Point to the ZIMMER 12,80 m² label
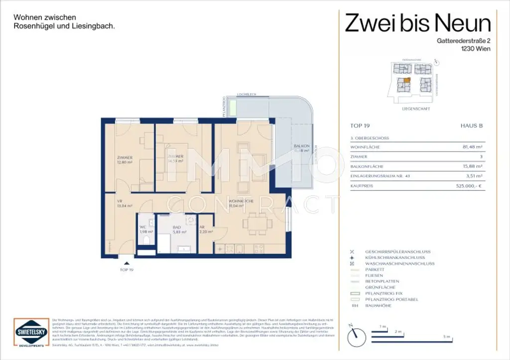117,159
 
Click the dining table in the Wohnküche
257,224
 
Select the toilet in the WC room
145,241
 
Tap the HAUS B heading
472,126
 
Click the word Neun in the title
463,23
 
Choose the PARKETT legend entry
375,269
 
